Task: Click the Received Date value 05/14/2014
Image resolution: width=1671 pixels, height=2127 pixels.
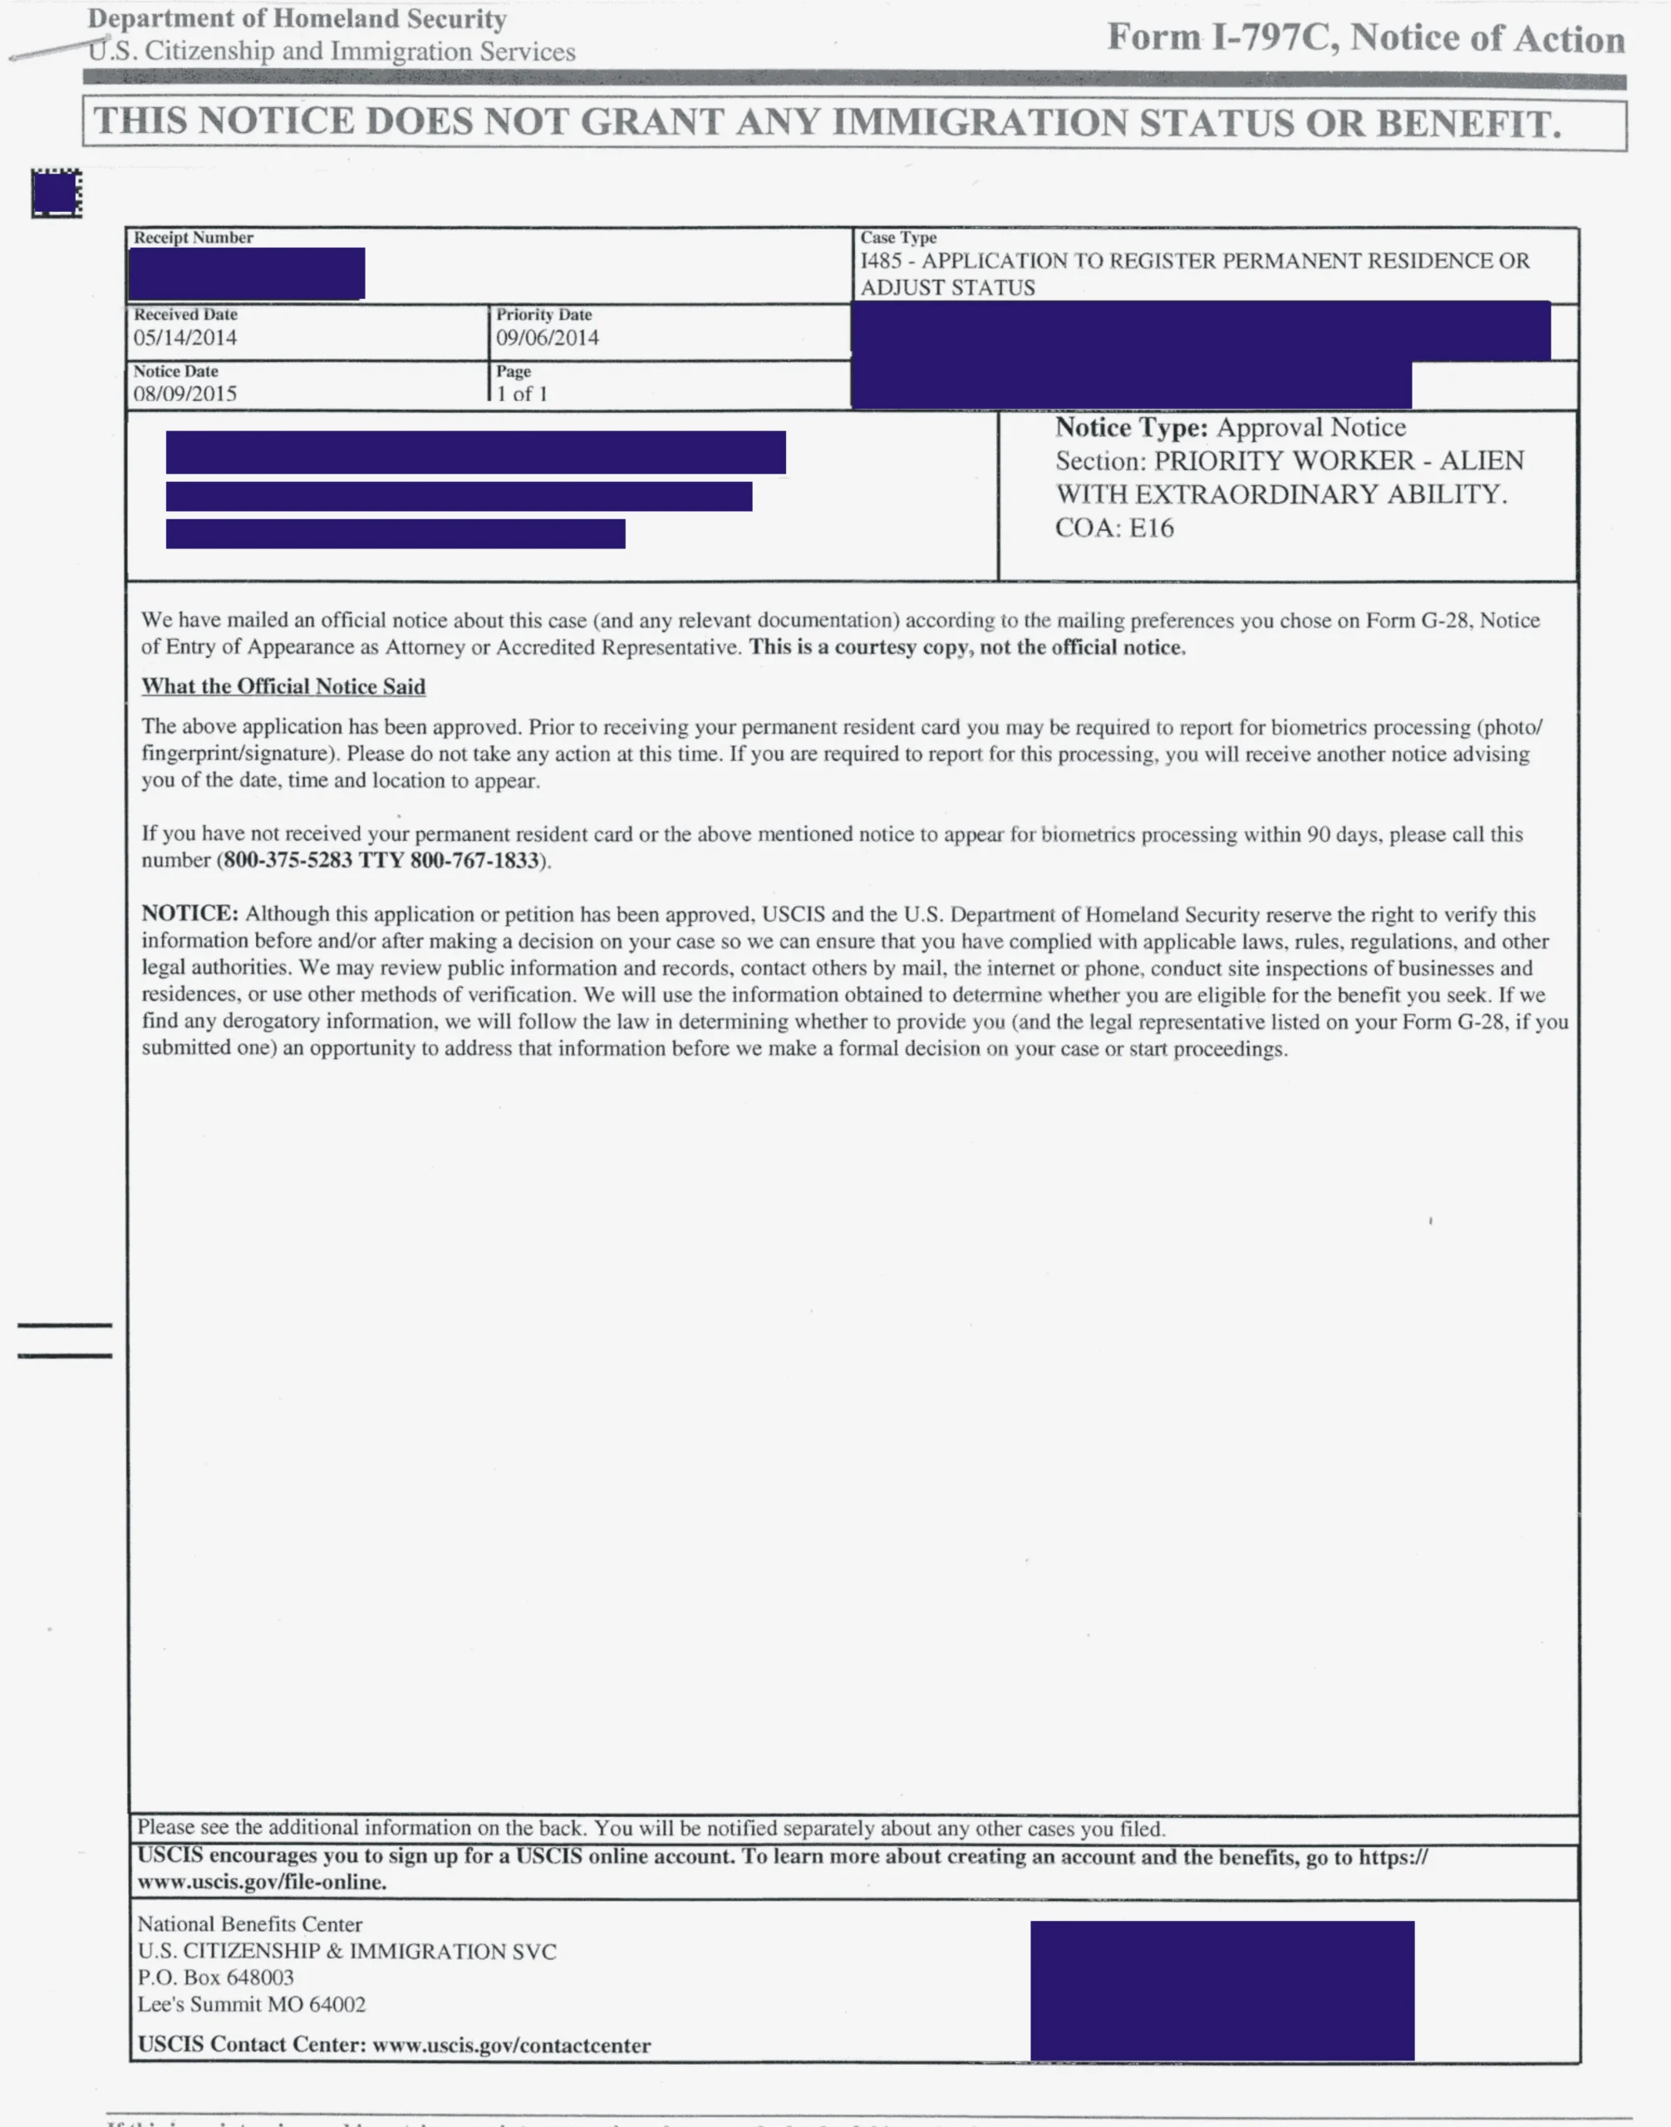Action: (x=185, y=337)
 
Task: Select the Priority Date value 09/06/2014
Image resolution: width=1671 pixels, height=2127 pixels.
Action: (x=547, y=337)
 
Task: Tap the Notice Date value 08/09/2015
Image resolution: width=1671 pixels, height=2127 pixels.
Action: (x=185, y=393)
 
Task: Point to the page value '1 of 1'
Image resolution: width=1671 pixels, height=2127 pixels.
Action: (x=522, y=393)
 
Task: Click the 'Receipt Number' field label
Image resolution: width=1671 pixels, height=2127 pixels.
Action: (x=194, y=238)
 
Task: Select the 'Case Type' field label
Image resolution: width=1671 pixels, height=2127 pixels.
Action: (x=898, y=238)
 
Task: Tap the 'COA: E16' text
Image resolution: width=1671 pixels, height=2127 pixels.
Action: (x=1114, y=528)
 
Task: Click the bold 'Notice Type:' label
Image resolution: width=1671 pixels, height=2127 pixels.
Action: (x=1131, y=428)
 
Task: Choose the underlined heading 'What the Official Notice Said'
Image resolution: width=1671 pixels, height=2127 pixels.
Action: (x=283, y=687)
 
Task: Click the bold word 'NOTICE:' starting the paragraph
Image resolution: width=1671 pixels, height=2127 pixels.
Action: (x=189, y=914)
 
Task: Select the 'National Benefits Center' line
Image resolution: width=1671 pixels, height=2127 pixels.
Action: (x=249, y=1924)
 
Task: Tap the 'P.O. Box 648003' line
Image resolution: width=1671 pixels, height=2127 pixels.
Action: (x=215, y=1977)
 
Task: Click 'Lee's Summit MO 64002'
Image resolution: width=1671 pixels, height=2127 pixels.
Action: (x=252, y=2004)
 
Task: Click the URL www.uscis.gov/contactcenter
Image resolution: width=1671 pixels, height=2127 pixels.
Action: (x=512, y=2045)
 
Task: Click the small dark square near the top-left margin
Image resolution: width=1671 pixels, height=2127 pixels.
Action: (x=56, y=193)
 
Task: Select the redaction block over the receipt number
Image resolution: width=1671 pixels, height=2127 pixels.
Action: (x=247, y=273)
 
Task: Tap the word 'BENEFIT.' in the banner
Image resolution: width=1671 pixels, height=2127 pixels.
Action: (x=1468, y=123)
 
